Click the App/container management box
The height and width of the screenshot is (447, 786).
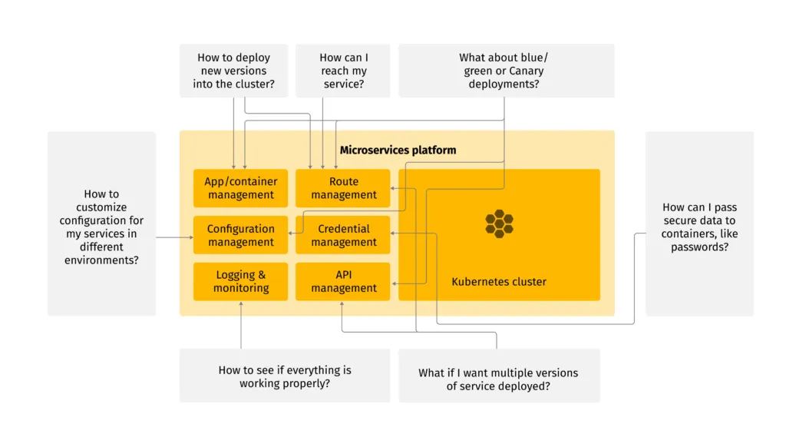click(x=240, y=188)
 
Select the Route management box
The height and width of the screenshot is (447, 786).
click(x=343, y=188)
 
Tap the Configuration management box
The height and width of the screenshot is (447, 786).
click(x=240, y=235)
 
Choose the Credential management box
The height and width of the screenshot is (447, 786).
click(x=343, y=235)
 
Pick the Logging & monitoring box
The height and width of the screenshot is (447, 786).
click(x=240, y=281)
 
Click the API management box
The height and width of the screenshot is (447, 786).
click(x=343, y=281)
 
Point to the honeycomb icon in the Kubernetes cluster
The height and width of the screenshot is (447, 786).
click(x=499, y=223)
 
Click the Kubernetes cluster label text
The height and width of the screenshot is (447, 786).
click(x=499, y=282)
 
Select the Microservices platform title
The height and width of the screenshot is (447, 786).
click(x=398, y=150)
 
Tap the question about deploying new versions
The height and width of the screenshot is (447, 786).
click(x=233, y=71)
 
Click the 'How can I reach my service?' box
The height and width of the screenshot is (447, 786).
click(x=343, y=71)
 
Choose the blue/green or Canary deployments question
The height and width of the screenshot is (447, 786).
click(x=506, y=71)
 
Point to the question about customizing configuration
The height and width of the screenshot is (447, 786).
click(x=101, y=227)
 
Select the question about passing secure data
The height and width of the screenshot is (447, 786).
click(x=699, y=227)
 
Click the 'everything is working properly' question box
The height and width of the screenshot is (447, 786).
click(x=284, y=376)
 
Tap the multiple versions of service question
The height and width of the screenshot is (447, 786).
click(x=498, y=379)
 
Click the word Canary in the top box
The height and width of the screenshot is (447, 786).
click(x=526, y=71)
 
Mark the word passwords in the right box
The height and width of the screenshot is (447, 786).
click(x=699, y=247)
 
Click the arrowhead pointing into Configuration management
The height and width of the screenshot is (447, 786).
click(x=191, y=238)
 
